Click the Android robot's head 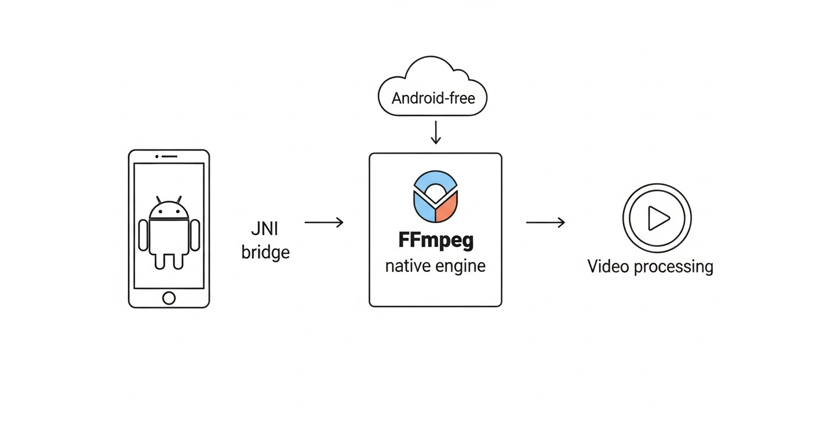click(x=169, y=210)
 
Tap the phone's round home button click(x=169, y=298)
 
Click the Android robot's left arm click(x=144, y=235)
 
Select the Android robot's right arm click(x=195, y=235)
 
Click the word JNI click(x=265, y=229)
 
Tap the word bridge click(x=265, y=253)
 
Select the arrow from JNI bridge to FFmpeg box click(x=324, y=222)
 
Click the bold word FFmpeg click(x=435, y=240)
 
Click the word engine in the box click(x=462, y=267)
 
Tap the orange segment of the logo click(x=447, y=208)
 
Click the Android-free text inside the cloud click(x=433, y=98)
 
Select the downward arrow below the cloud click(x=436, y=132)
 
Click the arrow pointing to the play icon click(x=545, y=222)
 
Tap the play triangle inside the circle click(x=658, y=218)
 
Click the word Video click(x=608, y=267)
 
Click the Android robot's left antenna click(x=159, y=199)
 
